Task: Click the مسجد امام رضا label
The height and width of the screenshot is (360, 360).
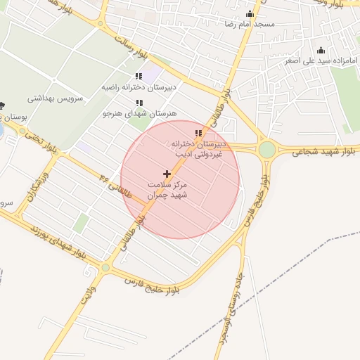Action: (250, 24)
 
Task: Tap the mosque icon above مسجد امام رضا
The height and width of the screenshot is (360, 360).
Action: (250, 13)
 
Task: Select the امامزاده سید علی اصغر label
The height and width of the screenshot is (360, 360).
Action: (321, 60)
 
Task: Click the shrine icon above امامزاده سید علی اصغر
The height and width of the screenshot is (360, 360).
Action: (321, 50)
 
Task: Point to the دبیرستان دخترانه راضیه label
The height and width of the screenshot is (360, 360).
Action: (138, 87)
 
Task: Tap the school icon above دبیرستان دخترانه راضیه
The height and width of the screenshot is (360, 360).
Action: (138, 77)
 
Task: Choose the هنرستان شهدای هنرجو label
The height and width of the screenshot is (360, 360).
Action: (139, 112)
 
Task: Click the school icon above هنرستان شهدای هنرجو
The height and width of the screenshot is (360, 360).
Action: (139, 103)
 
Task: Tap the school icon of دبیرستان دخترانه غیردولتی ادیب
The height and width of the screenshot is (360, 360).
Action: (198, 132)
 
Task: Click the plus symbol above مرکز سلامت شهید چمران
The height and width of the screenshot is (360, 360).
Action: (167, 173)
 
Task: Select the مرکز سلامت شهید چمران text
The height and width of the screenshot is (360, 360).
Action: (167, 189)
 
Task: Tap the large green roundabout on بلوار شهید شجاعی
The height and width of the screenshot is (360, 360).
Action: (266, 149)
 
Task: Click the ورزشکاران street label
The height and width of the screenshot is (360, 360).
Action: (40, 186)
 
